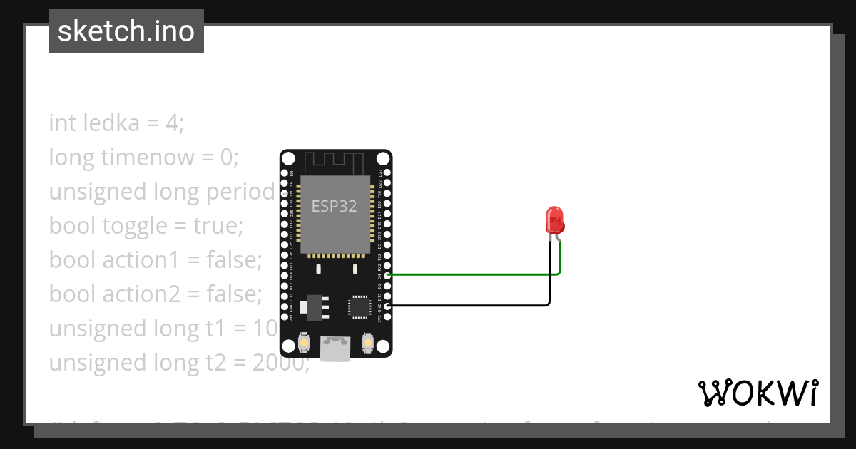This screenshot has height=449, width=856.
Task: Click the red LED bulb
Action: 555,220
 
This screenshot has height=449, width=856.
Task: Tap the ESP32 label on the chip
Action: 335,207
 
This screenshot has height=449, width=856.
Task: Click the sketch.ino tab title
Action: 126,31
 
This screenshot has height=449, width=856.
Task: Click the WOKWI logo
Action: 758,393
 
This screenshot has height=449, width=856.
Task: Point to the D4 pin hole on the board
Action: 387,274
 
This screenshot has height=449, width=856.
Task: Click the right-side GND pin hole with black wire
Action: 387,306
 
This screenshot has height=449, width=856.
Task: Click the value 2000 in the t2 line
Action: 280,363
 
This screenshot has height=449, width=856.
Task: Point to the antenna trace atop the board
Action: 335,162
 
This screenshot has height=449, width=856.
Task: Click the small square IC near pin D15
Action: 359,306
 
